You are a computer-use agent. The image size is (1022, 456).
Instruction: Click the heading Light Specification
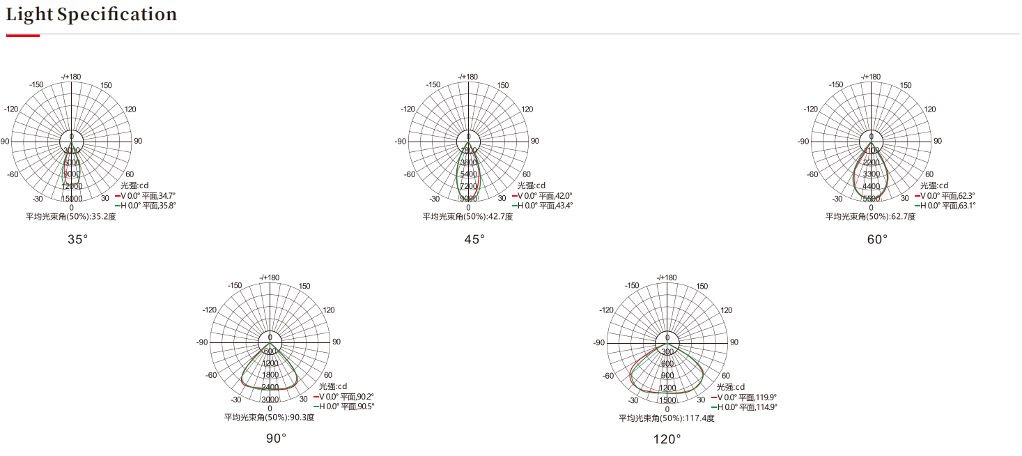point(91,15)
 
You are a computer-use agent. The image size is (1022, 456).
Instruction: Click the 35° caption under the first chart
point(77,239)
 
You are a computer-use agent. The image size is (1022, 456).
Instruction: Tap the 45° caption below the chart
point(474,239)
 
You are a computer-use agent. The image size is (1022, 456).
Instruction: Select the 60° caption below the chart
point(877,239)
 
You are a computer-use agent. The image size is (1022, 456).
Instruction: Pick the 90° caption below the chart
point(276,439)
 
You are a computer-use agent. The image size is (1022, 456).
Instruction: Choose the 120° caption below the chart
point(667,439)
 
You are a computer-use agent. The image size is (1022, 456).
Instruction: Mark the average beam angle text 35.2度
point(71,217)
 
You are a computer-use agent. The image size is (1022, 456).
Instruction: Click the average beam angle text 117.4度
point(667,418)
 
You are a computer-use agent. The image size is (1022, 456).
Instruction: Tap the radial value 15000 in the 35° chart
point(71,199)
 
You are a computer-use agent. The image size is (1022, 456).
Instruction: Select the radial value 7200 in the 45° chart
point(468,186)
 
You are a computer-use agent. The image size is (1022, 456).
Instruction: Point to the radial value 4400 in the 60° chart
point(871,186)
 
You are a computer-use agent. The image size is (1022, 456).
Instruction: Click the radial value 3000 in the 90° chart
point(270,400)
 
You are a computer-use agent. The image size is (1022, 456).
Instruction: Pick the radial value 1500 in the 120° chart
point(667,400)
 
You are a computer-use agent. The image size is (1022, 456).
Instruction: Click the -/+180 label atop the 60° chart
point(871,77)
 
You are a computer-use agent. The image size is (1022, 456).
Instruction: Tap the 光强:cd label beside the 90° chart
point(333,386)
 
